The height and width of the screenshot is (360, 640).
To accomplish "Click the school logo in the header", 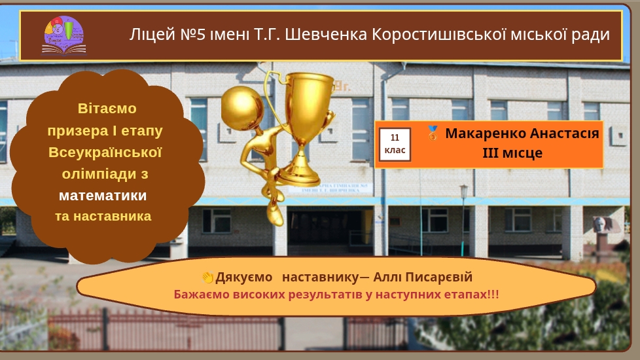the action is pos(64,35).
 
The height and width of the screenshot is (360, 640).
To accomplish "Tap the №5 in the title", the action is pos(192,35).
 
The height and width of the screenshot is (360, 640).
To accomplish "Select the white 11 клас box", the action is pos(395,144).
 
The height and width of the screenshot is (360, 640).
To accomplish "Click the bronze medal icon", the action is pos(433,134).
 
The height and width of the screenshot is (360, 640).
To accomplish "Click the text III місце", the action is pos(512,153).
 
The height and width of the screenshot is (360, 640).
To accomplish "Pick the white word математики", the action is pos(103,196).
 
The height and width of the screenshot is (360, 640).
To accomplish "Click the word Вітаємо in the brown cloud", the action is pos(107,109).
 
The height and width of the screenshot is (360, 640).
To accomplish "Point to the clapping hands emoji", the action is pos(207,278).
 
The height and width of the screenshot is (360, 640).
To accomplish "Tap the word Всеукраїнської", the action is pos(105,153).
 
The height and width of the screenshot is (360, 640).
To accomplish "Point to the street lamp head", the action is pos(464,191).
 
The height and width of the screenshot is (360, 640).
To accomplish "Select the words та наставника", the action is pos(103,216).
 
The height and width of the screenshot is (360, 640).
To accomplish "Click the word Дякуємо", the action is pos(243,277).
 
